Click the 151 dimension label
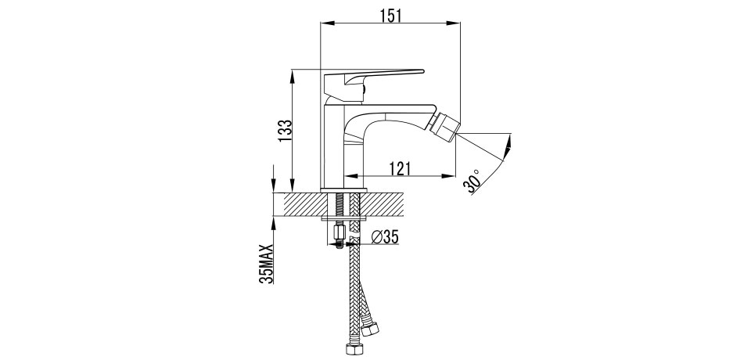390,16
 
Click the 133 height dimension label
285,130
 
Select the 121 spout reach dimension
400,168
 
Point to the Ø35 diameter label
385,236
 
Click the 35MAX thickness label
266,264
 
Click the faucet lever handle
374,82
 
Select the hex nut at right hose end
370,329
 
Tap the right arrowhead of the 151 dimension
454,23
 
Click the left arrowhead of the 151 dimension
327,23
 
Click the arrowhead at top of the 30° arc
508,142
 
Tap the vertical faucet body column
334,146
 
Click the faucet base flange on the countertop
343,190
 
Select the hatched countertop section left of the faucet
302,204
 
